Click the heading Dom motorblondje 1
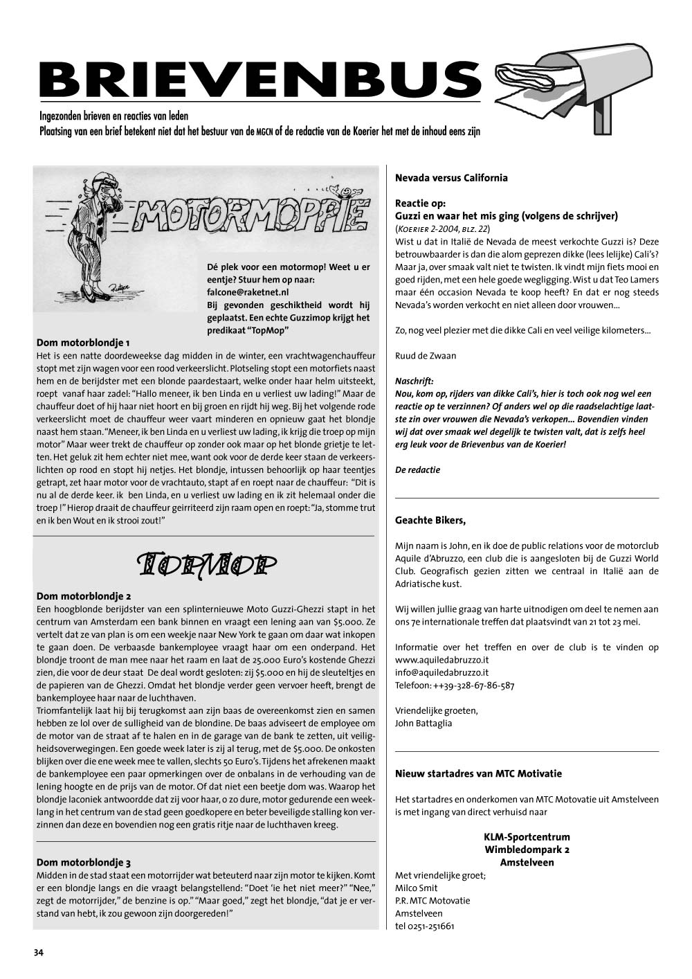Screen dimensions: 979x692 (83, 343)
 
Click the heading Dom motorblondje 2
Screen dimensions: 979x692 (84, 596)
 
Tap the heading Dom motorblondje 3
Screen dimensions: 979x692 (84, 863)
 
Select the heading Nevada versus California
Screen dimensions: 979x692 (451, 178)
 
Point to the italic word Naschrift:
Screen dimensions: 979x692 (414, 381)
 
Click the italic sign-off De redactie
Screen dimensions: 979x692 (417, 470)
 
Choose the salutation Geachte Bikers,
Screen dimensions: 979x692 (430, 520)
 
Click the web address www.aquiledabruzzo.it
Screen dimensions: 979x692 (441, 660)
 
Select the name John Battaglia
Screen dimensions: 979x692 (424, 724)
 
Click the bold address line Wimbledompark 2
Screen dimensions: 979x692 (527, 850)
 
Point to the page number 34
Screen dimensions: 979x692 (39, 953)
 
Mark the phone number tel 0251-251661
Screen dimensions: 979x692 (425, 926)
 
